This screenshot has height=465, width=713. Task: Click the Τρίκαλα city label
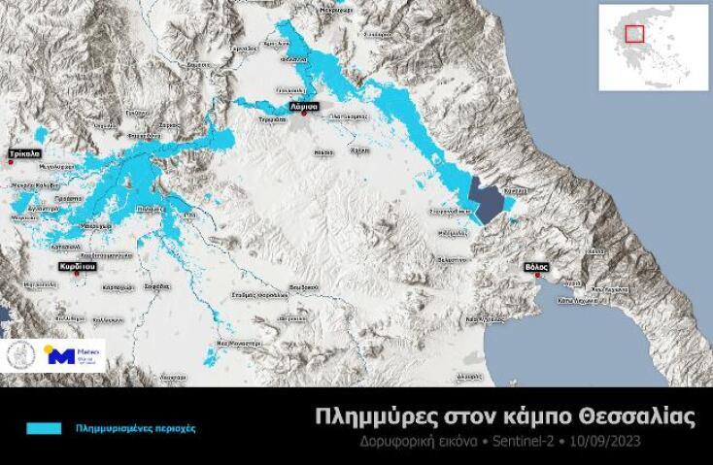tap(24, 153)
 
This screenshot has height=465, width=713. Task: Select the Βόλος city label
tap(536, 265)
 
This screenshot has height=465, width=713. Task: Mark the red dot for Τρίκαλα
tap(11, 162)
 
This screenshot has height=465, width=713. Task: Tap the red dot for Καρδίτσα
tap(78, 273)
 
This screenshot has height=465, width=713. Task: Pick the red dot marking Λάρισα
tap(304, 116)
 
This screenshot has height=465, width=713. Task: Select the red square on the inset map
tap(635, 34)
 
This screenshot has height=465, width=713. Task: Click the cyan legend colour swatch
tap(44, 427)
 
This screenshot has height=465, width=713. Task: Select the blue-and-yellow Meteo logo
tap(74, 354)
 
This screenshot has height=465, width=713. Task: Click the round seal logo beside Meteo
tap(22, 354)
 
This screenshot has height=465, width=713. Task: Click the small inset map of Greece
tap(653, 47)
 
